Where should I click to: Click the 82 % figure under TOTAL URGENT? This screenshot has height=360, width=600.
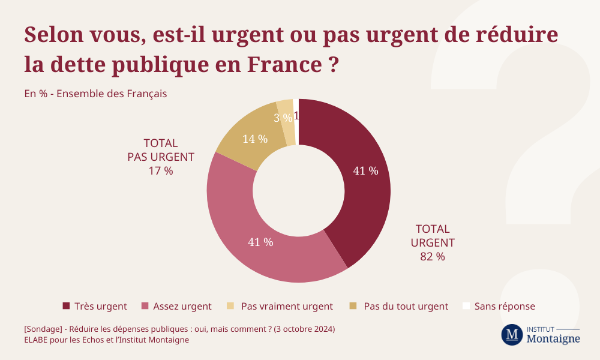[x=432, y=257]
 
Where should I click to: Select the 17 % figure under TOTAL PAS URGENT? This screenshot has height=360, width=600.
[x=160, y=170]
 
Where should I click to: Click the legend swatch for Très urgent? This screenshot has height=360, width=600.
[x=67, y=306]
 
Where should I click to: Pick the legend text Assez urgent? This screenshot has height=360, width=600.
[x=182, y=306]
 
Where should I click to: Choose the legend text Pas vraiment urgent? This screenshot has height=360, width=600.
[x=287, y=306]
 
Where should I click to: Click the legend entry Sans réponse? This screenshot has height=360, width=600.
[x=504, y=306]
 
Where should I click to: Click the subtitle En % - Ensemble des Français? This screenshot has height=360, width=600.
[x=95, y=94]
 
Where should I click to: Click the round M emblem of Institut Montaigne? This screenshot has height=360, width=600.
[x=512, y=335]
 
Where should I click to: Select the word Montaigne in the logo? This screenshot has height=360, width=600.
[x=553, y=339]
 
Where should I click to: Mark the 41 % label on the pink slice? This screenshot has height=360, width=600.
[x=260, y=242]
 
